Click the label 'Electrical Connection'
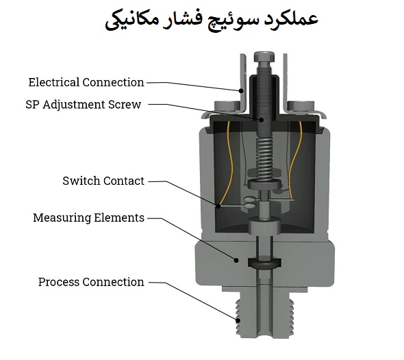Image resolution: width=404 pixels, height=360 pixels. pyautogui.click(x=86, y=82)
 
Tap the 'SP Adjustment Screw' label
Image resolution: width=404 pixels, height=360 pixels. pyautogui.click(x=84, y=105)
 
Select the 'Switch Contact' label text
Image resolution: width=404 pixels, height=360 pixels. pyautogui.click(x=103, y=181)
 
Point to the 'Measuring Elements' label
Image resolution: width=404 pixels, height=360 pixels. pyautogui.click(x=88, y=218)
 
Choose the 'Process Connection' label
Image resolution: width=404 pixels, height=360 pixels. pyautogui.click(x=91, y=282)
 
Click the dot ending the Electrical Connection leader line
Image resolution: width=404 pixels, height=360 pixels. pyautogui.click(x=241, y=90)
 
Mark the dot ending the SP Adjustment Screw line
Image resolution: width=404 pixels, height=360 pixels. pyautogui.click(x=262, y=120)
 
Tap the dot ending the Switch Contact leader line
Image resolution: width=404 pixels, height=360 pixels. pyautogui.click(x=218, y=206)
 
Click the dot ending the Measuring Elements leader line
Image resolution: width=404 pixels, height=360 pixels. pyautogui.click(x=236, y=260)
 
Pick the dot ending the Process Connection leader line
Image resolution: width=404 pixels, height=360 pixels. pyautogui.click(x=238, y=320)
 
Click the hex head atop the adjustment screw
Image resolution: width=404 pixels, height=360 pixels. pyautogui.click(x=264, y=57)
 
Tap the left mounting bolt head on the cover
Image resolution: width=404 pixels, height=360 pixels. pyautogui.click(x=227, y=106)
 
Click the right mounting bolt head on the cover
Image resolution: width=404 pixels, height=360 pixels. pyautogui.click(x=301, y=106)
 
